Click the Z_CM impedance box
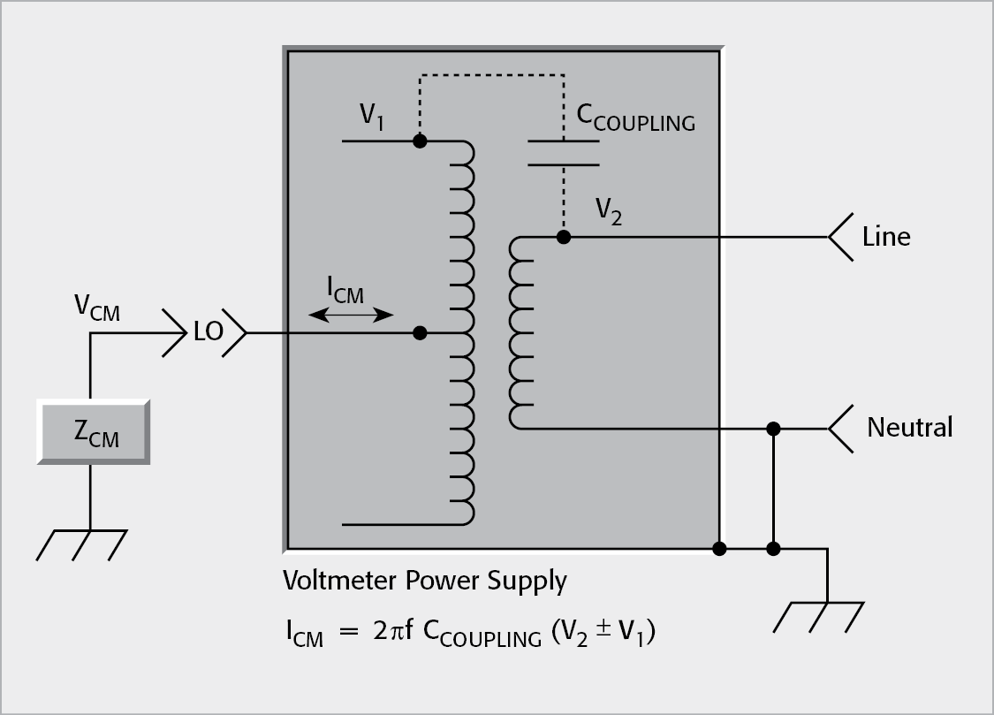pos(93,431)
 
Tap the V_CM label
pos(97,309)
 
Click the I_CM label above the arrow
pos(345,290)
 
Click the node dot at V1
pos(421,141)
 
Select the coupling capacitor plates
pos(563,152)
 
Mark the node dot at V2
pos(564,237)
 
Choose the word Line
pos(886,237)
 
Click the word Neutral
pos(909,428)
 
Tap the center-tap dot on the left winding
pos(421,333)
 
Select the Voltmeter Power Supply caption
pos(424,581)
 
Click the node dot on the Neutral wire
pos(773,429)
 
